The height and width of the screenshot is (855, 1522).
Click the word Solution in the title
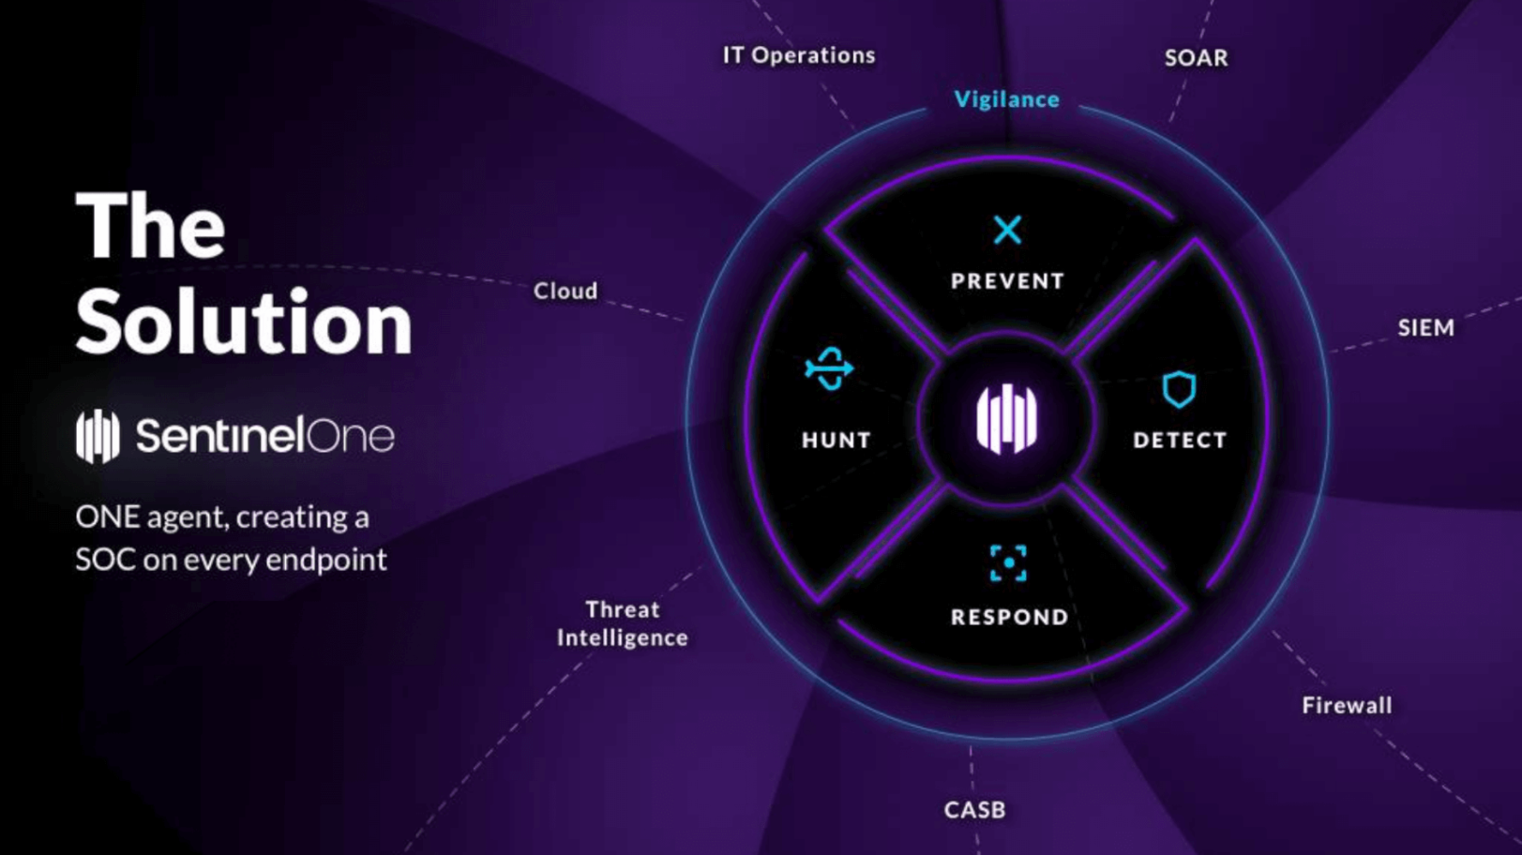(x=244, y=322)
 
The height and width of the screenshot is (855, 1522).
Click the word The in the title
(x=150, y=226)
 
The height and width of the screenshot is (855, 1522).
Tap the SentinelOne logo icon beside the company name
(x=98, y=436)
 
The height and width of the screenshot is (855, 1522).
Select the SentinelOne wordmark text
(x=265, y=436)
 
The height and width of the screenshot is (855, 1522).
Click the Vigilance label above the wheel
(x=1007, y=99)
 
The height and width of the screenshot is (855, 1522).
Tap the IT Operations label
(x=799, y=55)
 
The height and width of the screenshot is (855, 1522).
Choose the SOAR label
(x=1197, y=58)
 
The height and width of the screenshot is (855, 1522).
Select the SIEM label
(x=1426, y=328)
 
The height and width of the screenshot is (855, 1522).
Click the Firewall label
(x=1347, y=706)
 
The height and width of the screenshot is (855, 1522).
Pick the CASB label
(x=975, y=809)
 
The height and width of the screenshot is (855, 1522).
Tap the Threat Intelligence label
(x=623, y=623)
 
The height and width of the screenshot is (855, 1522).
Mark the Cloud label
(x=565, y=291)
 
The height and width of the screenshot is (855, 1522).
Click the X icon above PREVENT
(x=1007, y=230)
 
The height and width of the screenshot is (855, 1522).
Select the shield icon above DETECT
(x=1180, y=389)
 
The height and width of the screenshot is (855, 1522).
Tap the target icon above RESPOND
(x=1008, y=563)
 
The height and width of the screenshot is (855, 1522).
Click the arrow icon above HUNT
(x=830, y=368)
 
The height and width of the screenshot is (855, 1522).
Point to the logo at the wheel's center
(x=1006, y=418)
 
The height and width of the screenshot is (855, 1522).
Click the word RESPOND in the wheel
(x=1010, y=617)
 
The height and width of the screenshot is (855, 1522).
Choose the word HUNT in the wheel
(x=836, y=440)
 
